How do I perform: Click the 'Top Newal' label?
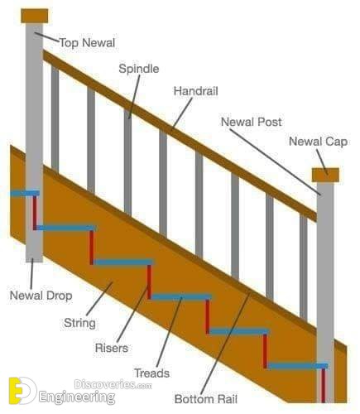pyautogui.click(x=87, y=43)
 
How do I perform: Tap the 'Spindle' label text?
pyautogui.click(x=139, y=69)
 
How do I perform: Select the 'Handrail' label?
pyautogui.click(x=196, y=91)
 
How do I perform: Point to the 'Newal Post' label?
pyautogui.click(x=252, y=122)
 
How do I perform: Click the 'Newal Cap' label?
pyautogui.click(x=318, y=142)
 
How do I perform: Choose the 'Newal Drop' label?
pyautogui.click(x=41, y=296)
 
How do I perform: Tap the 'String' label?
pyautogui.click(x=79, y=323)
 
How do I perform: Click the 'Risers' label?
pyautogui.click(x=112, y=348)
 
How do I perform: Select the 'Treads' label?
pyautogui.click(x=151, y=373)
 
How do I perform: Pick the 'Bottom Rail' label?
pyautogui.click(x=206, y=399)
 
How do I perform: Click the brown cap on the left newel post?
pyautogui.click(x=35, y=16)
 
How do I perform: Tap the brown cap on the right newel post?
pyautogui.click(x=325, y=175)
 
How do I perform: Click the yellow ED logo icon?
pyautogui.click(x=22, y=391)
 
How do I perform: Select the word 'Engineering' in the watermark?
pyautogui.click(x=77, y=397)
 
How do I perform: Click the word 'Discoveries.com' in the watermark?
pyautogui.click(x=113, y=384)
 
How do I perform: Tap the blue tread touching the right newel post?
pyautogui.click(x=298, y=366)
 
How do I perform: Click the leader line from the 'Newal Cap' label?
pyautogui.click(x=322, y=162)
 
